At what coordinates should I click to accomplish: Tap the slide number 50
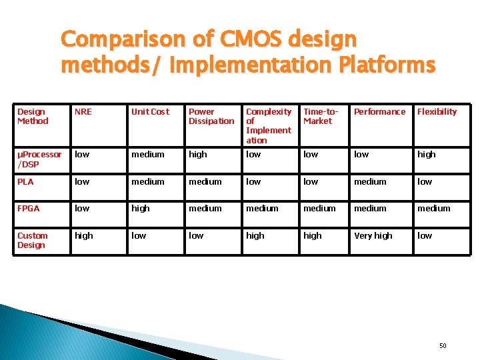(x=443, y=345)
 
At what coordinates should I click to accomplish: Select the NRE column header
(x=83, y=112)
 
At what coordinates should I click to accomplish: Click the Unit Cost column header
(x=150, y=112)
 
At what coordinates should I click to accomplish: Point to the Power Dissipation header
(x=211, y=117)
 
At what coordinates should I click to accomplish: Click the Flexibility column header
(x=437, y=112)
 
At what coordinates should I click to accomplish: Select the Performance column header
(x=379, y=112)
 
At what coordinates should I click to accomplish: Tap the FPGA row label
(x=28, y=209)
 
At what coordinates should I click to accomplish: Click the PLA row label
(x=25, y=181)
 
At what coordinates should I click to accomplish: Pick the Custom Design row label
(x=32, y=240)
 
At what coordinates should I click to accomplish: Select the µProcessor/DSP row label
(x=39, y=159)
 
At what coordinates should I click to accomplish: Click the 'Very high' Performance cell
(x=373, y=236)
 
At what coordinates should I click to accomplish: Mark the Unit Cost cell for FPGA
(x=141, y=209)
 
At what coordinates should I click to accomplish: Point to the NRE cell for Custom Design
(x=84, y=236)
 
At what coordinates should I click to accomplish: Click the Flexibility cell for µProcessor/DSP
(x=426, y=155)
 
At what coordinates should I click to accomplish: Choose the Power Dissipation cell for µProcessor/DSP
(x=198, y=155)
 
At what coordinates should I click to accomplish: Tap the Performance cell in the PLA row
(x=370, y=181)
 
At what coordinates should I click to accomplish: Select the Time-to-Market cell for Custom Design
(x=312, y=236)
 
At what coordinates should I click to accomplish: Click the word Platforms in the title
(x=388, y=65)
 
